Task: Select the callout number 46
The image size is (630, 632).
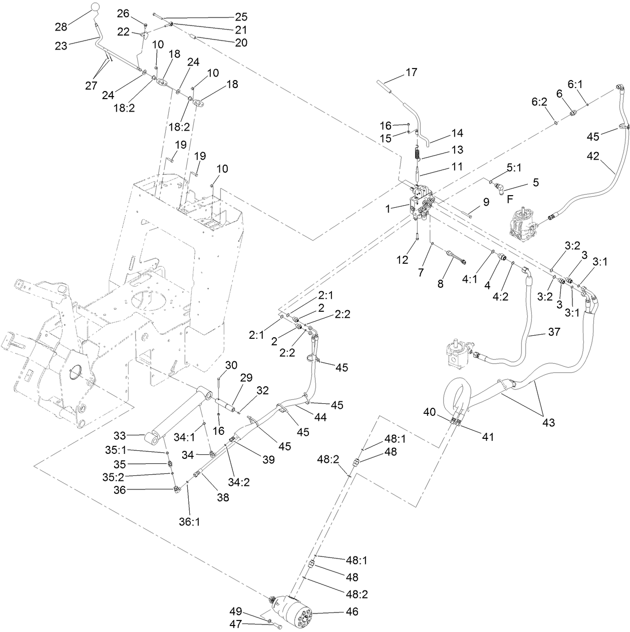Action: point(352,611)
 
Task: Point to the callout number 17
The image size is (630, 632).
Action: point(411,73)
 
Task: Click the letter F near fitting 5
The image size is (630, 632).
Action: point(510,198)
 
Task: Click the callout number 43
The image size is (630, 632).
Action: point(549,422)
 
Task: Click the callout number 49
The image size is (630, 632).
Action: point(236,611)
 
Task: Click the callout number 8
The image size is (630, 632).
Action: point(440,283)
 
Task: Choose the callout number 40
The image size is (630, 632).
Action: point(430,412)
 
